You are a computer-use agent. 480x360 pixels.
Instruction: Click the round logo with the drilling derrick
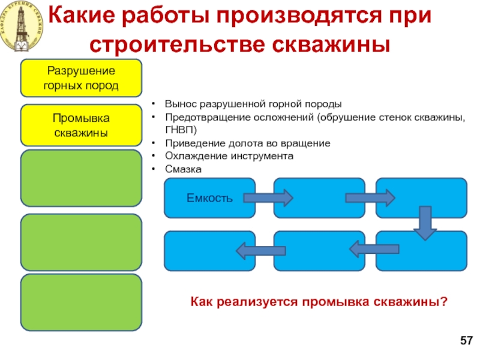[x=22, y=26]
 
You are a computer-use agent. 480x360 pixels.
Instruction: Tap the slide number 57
[x=467, y=340]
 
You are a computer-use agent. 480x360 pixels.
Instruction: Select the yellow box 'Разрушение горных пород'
[x=81, y=78]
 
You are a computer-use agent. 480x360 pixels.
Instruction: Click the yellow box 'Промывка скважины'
[x=81, y=125]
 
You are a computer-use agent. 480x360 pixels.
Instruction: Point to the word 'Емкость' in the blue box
[x=209, y=198]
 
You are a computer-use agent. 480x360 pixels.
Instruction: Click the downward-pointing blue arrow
[x=425, y=223]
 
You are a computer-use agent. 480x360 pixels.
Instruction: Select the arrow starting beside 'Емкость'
[x=268, y=198]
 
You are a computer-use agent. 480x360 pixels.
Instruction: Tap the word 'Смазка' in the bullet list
[x=184, y=169]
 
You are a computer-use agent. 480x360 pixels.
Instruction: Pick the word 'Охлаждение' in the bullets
[x=196, y=156]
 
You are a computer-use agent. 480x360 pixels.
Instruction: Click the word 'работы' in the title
[x=166, y=16]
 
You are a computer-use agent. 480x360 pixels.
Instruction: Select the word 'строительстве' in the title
[x=177, y=45]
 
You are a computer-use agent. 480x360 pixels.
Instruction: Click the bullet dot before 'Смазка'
[x=154, y=169]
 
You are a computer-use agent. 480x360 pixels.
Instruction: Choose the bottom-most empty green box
[x=81, y=302]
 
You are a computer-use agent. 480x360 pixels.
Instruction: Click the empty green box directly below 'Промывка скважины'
[x=81, y=178]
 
